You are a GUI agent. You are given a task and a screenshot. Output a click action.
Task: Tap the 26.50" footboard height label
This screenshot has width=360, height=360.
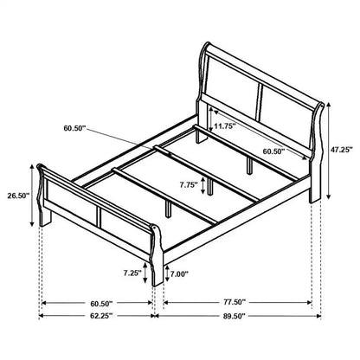[19, 196]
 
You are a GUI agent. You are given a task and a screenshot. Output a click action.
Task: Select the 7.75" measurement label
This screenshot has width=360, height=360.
[185, 184]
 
